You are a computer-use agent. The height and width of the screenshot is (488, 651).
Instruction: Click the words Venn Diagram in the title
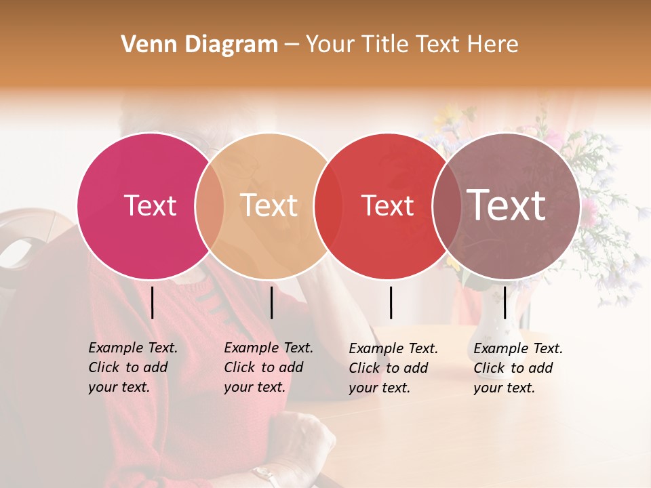click(199, 45)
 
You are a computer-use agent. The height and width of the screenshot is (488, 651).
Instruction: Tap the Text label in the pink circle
click(150, 205)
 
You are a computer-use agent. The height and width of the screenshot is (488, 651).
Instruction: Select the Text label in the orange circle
click(269, 205)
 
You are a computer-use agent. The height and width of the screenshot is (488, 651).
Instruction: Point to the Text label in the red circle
click(387, 205)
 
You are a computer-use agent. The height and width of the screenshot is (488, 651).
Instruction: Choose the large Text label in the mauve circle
click(507, 205)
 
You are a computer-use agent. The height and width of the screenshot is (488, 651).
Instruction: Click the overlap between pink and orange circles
click(210, 205)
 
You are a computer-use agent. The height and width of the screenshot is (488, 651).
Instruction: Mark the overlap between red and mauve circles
click(447, 205)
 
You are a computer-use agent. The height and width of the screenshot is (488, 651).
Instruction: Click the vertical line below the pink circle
click(152, 302)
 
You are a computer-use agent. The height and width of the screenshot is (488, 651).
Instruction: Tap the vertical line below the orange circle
click(271, 302)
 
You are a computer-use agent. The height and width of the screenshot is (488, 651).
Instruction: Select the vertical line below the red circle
click(391, 302)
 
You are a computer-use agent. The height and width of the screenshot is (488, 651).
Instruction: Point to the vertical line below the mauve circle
click(505, 302)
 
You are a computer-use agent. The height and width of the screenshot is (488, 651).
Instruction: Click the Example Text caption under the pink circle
click(133, 367)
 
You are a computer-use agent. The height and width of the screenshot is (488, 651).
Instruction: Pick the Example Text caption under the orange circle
click(269, 367)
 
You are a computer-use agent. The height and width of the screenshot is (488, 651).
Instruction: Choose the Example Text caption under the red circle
click(393, 368)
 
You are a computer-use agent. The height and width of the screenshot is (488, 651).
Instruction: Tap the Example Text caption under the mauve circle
click(518, 368)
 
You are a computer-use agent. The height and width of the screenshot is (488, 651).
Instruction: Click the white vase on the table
click(490, 325)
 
